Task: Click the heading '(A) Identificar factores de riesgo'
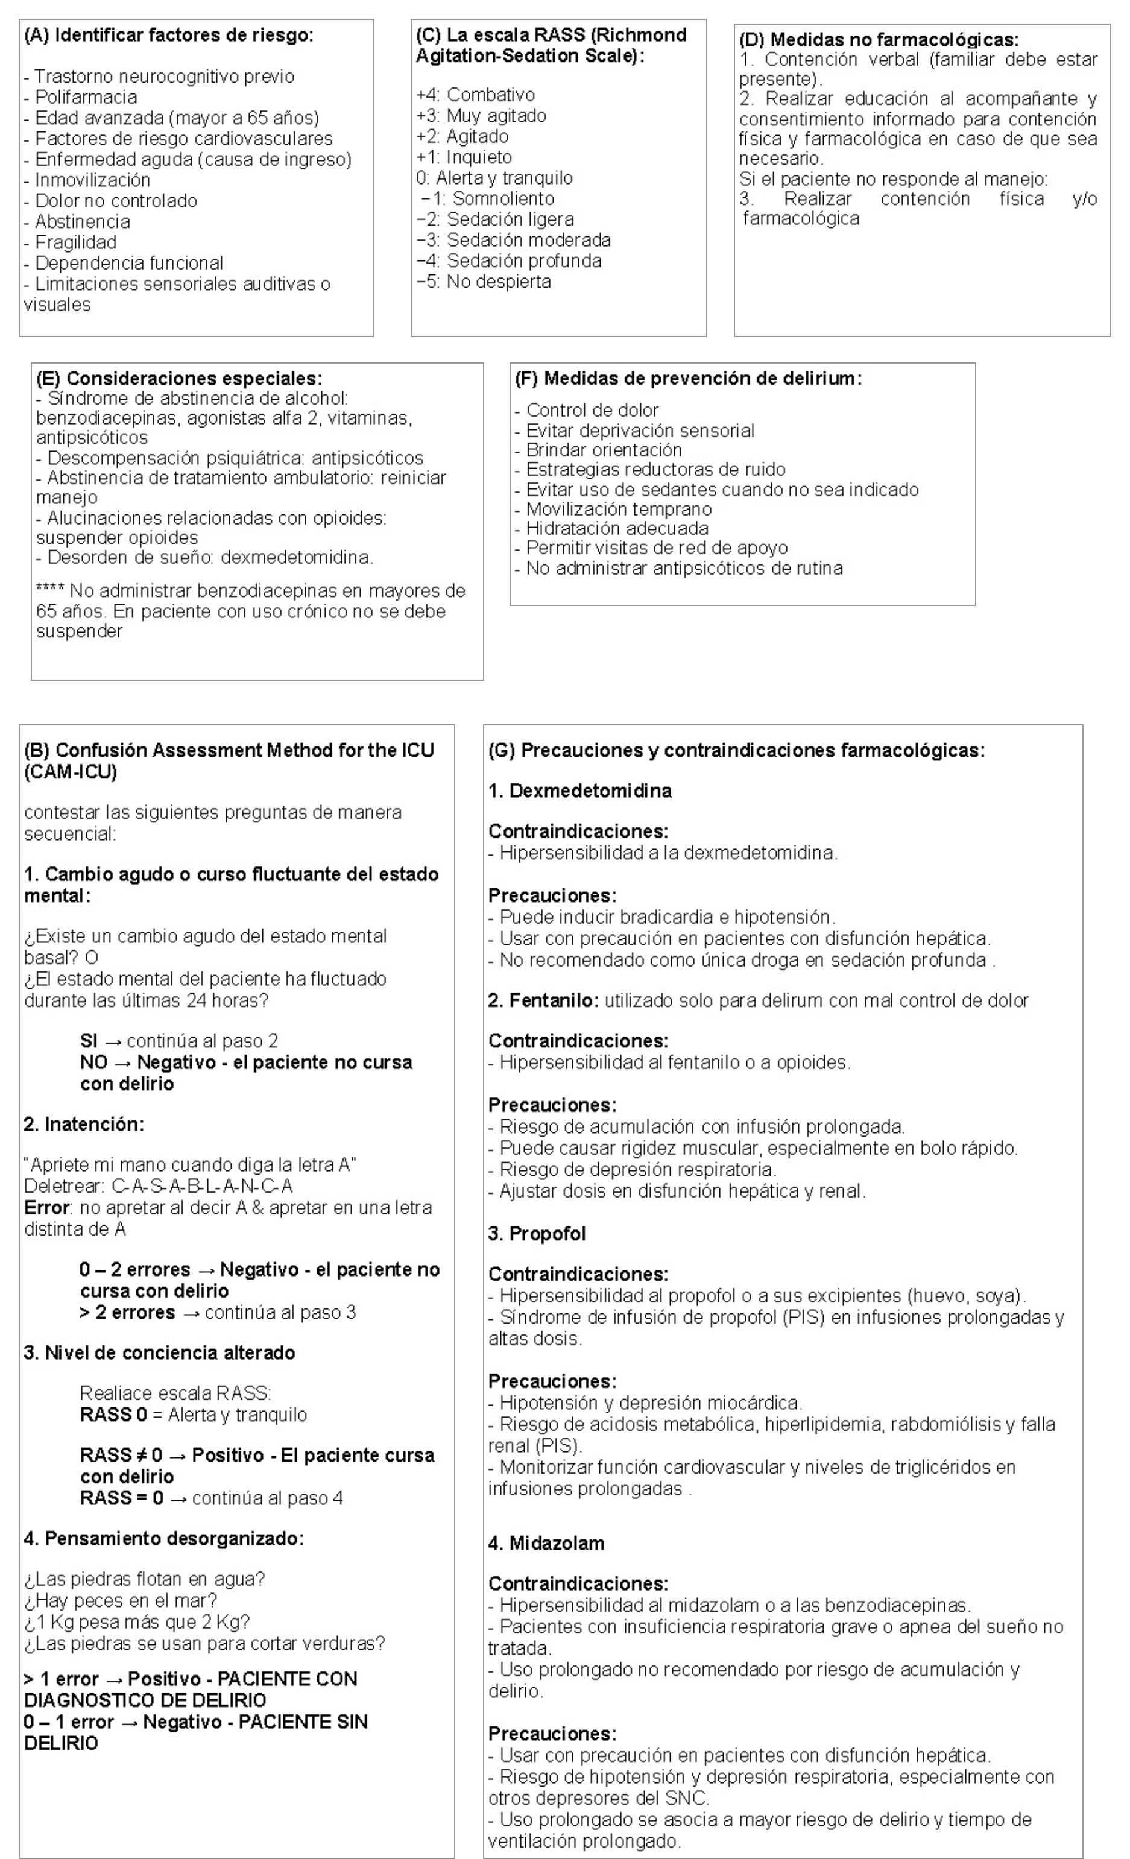tap(168, 36)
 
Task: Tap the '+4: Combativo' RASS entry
tap(475, 95)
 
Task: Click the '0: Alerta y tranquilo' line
tap(494, 178)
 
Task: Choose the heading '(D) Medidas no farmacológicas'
tap(878, 40)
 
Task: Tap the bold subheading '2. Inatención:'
tap(84, 1124)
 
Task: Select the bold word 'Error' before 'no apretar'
tap(46, 1208)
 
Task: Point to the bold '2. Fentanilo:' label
tap(543, 1000)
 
